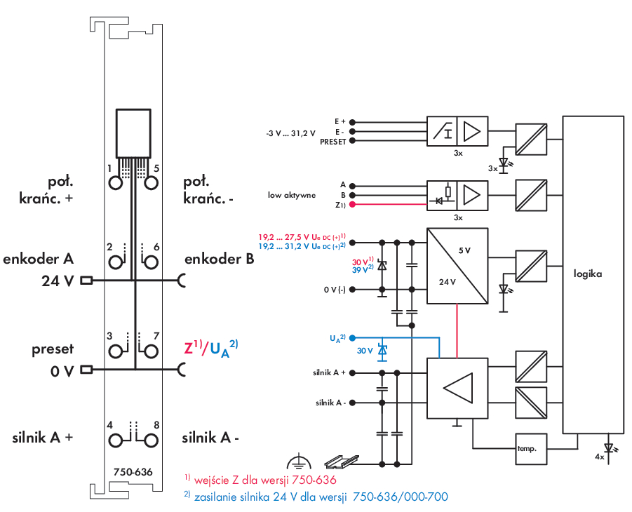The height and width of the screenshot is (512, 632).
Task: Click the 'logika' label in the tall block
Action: point(587,274)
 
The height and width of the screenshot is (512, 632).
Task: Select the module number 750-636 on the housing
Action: point(133,472)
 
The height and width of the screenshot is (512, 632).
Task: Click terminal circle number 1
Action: point(116,184)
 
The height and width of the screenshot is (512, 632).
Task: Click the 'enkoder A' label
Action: point(39,258)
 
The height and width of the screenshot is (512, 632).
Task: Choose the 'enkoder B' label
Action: point(219,259)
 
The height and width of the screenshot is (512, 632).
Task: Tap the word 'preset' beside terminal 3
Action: point(53,349)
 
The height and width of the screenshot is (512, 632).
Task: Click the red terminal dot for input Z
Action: point(352,204)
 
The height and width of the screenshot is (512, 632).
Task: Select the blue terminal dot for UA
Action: point(352,337)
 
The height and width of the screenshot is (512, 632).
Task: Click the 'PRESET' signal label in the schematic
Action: point(332,141)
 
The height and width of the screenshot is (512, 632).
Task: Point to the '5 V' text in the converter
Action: point(464,250)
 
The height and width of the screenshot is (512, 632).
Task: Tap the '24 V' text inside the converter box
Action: point(448,282)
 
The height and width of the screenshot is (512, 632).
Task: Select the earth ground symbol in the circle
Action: point(300,462)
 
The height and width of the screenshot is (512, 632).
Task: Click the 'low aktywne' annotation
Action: point(292,194)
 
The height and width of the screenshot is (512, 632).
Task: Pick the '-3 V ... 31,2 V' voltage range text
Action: point(291,132)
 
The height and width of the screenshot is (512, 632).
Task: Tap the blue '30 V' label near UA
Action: point(365,350)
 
